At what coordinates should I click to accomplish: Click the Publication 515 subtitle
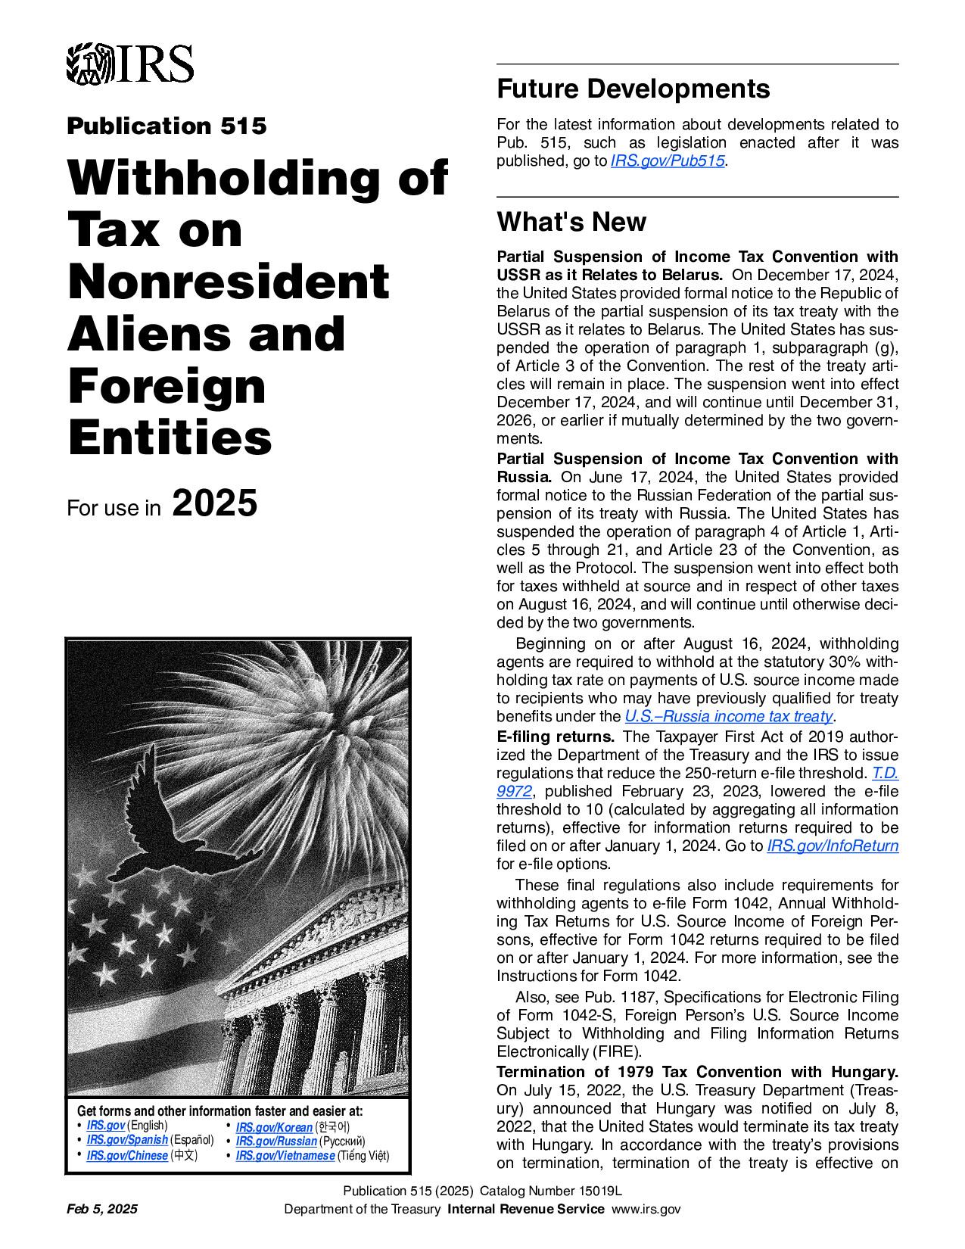167,126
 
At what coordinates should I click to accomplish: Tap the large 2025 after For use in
215,503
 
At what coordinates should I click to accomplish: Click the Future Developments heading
633,89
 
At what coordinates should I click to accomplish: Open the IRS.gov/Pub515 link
668,161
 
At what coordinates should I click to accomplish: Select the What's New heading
571,222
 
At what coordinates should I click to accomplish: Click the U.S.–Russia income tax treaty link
728,716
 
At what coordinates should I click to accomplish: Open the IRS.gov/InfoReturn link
833,846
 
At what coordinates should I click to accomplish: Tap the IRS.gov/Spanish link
127,1140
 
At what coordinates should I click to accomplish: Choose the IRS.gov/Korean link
274,1127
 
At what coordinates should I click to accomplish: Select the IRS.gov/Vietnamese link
285,1155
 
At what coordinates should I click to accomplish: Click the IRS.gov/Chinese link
127,1155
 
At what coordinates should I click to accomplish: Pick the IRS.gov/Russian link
276,1141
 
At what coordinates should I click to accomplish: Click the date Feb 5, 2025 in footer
102,1209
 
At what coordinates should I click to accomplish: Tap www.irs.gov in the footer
646,1209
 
